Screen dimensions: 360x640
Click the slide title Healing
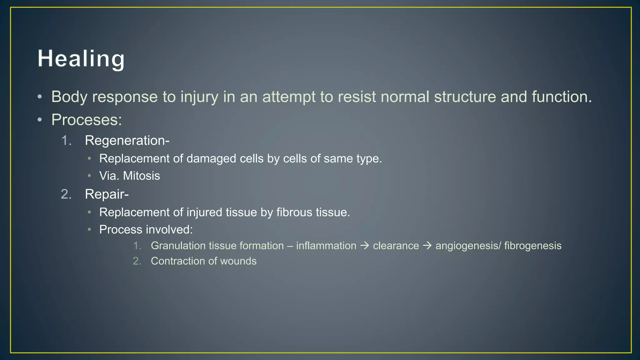[81, 59]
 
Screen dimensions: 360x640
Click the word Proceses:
[87, 120]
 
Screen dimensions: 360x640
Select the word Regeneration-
[127, 141]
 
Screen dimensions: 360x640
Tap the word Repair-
[107, 194]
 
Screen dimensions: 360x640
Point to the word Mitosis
[142, 176]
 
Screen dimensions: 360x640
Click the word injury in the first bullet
[199, 97]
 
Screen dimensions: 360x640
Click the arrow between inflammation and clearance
[364, 246]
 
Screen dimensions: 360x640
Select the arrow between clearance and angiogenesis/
[427, 246]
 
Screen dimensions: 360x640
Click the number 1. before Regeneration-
[66, 141]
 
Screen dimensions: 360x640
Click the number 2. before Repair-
[66, 194]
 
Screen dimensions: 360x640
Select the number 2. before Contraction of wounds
[137, 261]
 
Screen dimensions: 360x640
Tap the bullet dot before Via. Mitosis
[89, 176]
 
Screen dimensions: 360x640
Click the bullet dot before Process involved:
[89, 230]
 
